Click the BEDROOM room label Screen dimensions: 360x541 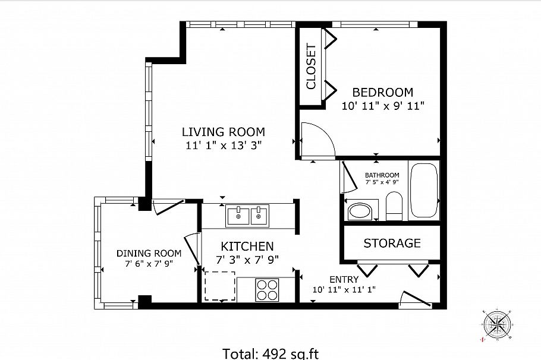(382, 93)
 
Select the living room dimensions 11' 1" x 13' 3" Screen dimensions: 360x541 (224, 144)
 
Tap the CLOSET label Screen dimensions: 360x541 (310, 67)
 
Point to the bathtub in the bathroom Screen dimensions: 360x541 (424, 191)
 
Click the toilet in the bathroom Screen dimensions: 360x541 (394, 207)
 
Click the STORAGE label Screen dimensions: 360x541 (392, 243)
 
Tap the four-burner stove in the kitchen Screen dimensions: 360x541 (267, 290)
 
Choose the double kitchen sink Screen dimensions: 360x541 (247, 215)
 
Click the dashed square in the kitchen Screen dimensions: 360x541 (219, 286)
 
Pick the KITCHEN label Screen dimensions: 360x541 (247, 246)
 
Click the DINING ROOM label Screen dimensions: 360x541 (149, 253)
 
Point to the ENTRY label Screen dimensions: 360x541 (344, 280)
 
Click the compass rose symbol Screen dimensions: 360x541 (495, 324)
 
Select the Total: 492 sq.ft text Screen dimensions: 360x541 (270, 353)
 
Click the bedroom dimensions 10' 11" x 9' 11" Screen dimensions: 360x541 (382, 106)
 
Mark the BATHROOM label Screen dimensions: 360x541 (382, 175)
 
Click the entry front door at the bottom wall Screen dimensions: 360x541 (415, 301)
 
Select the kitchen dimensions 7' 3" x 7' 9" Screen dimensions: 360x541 (247, 259)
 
